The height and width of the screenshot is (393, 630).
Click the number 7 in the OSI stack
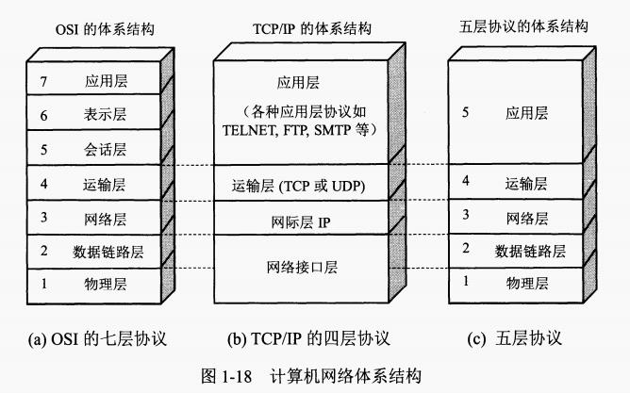(43, 82)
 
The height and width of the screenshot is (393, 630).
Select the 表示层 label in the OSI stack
(105, 115)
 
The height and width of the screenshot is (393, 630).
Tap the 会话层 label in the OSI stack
(105, 149)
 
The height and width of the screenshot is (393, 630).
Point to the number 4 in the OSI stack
(43, 182)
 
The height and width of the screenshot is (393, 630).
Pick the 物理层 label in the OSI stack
(105, 282)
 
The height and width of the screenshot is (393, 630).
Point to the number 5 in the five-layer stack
(463, 113)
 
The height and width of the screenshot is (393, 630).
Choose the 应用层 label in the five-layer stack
(526, 113)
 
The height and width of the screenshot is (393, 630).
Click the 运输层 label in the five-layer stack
(525, 183)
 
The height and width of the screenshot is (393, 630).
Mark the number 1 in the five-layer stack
(463, 281)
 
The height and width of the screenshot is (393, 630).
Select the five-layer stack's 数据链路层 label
(530, 250)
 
